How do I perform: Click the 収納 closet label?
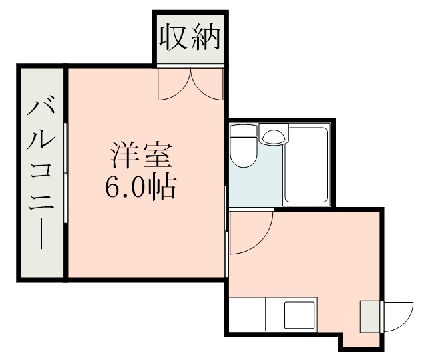click(189, 39)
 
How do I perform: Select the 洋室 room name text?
click(140, 157)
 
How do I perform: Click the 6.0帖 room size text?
click(140, 188)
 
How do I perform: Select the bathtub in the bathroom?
click(306, 166)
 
